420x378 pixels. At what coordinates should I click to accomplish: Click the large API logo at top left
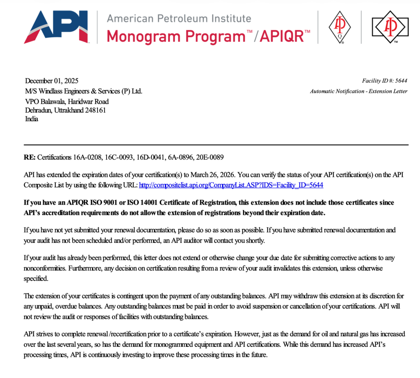56,27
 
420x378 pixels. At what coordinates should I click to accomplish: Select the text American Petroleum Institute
178,18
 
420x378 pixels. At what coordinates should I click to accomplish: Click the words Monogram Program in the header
176,36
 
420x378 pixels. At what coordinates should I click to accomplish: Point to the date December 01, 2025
52,81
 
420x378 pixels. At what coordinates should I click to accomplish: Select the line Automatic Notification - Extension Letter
358,91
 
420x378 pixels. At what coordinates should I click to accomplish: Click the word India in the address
32,119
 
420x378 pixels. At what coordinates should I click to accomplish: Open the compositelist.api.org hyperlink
231,185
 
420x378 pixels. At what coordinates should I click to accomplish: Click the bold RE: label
30,157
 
